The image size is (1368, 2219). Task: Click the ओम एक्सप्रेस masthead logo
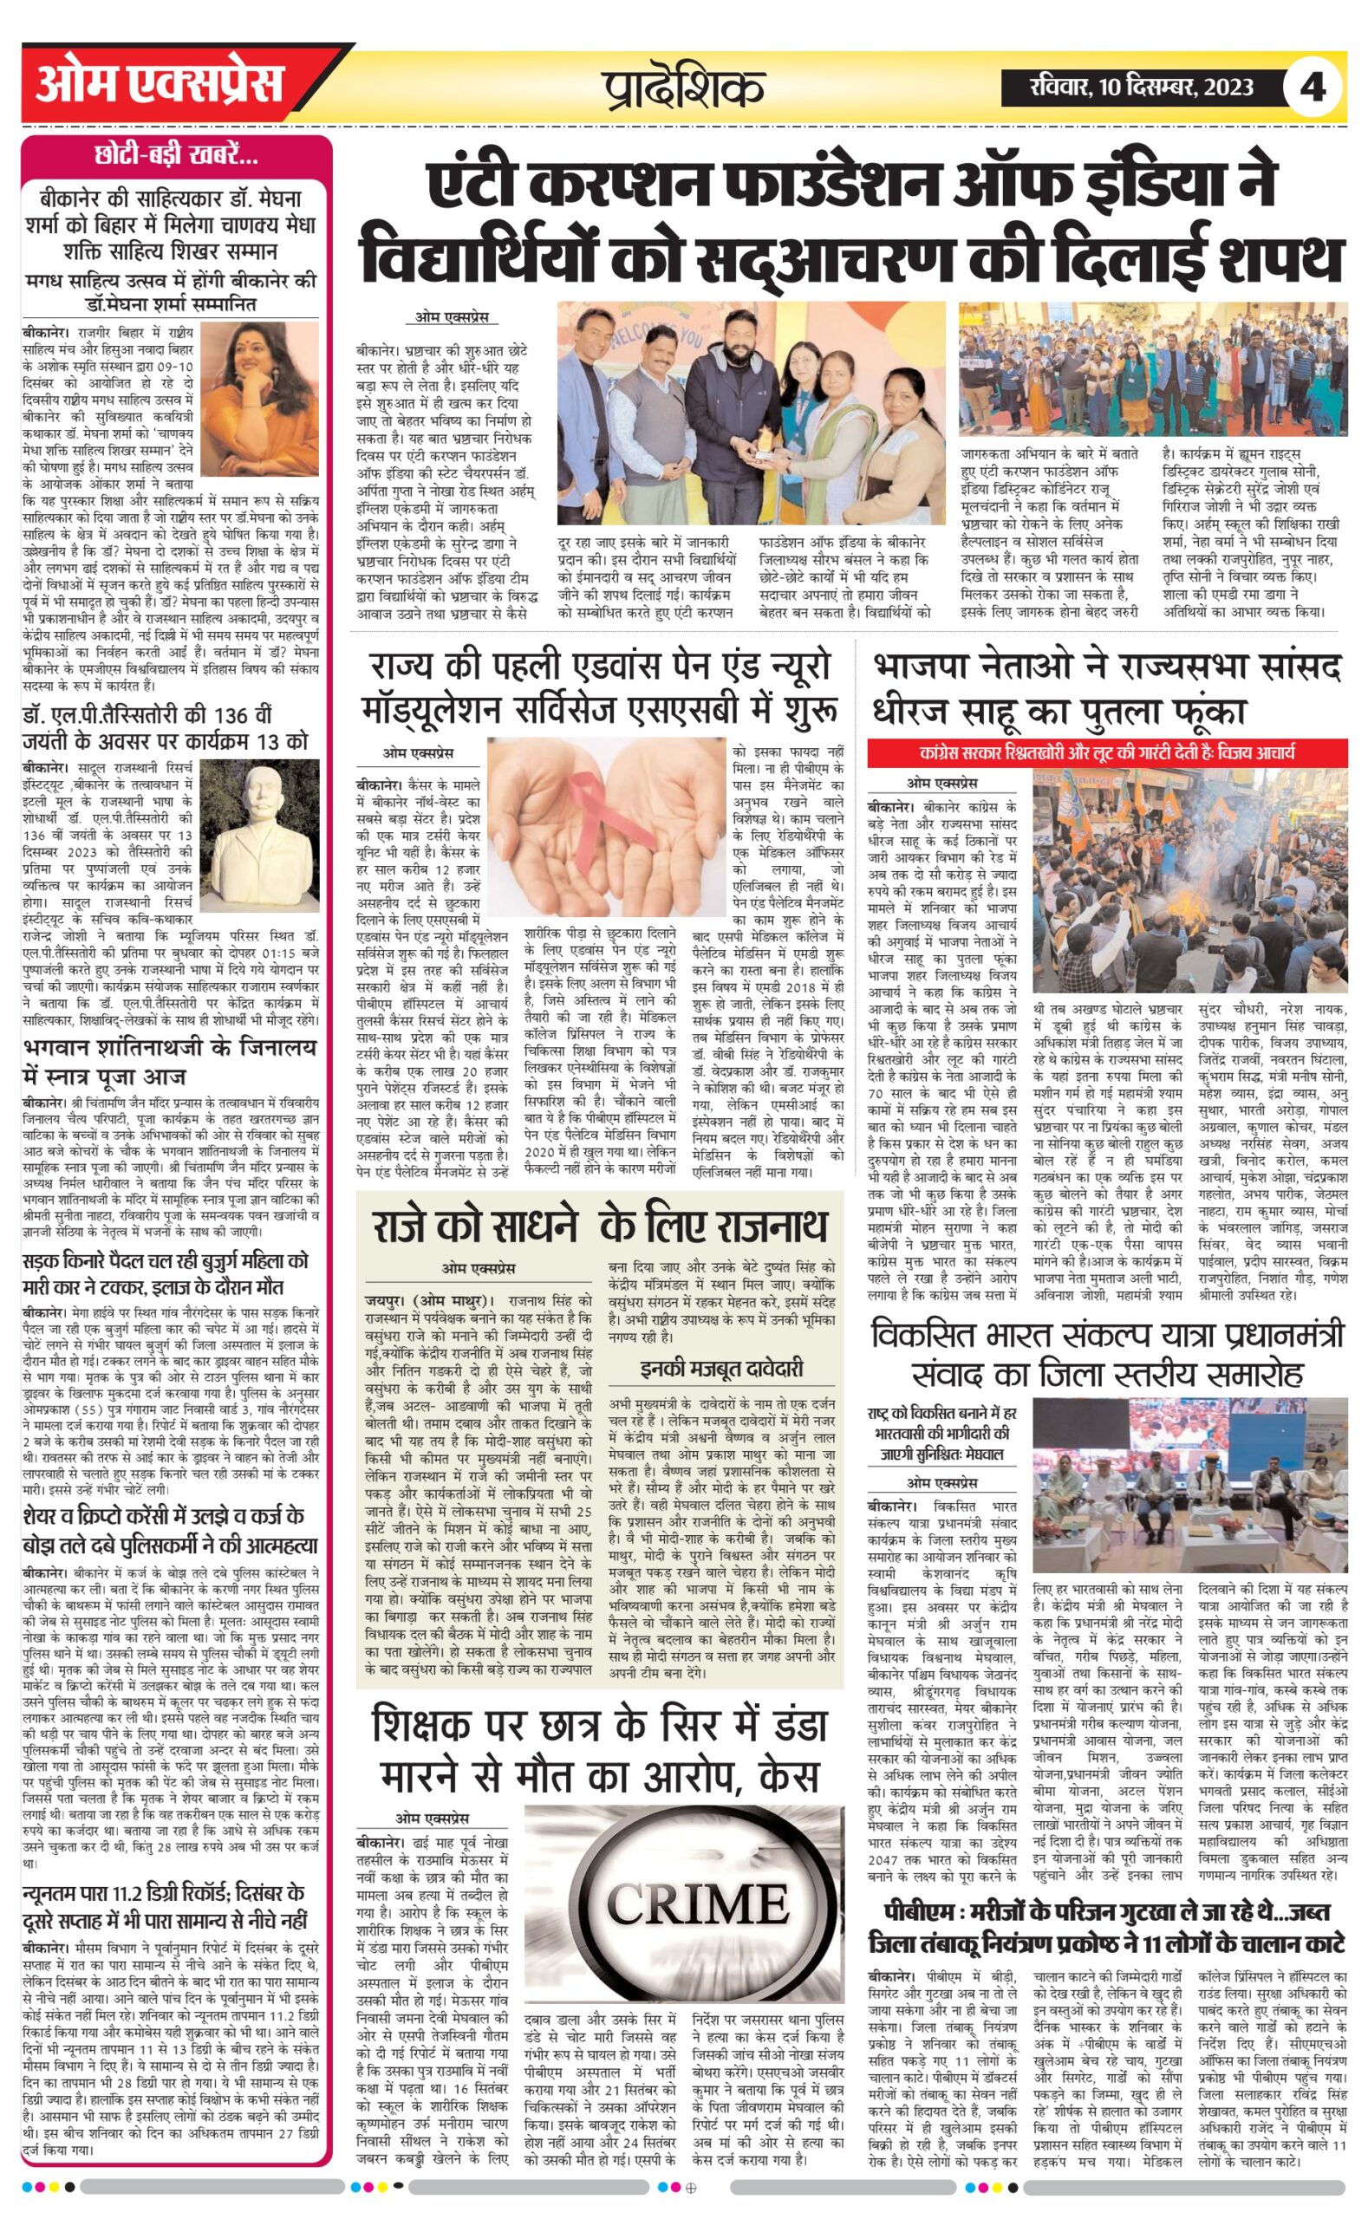click(160, 86)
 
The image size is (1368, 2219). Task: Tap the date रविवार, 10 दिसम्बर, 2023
click(1142, 87)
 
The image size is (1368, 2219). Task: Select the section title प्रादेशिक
click(684, 88)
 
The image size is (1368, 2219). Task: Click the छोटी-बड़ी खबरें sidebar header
click(177, 157)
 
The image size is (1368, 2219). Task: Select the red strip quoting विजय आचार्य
click(1106, 752)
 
